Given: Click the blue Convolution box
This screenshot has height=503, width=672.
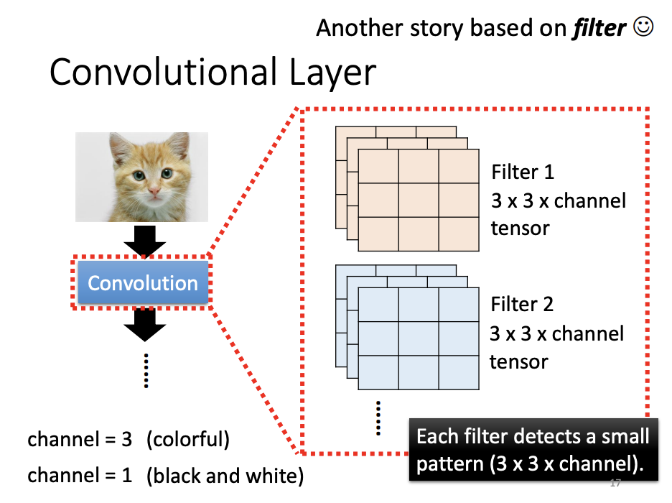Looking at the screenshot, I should pyautogui.click(x=142, y=283).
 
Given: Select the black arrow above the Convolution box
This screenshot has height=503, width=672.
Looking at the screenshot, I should pyautogui.click(x=144, y=240).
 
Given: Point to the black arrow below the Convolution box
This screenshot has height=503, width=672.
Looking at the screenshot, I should pyautogui.click(x=144, y=326).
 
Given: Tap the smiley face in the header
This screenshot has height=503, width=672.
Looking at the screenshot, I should pyautogui.click(x=644, y=27).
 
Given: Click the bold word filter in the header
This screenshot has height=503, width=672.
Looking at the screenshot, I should pyautogui.click(x=599, y=28).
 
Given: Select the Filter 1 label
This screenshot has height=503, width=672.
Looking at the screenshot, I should pyautogui.click(x=523, y=172).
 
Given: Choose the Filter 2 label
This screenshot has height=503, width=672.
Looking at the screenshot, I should pyautogui.click(x=522, y=305).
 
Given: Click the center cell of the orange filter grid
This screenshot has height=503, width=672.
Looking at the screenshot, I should pyautogui.click(x=418, y=200).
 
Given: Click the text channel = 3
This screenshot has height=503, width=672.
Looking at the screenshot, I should pyautogui.click(x=80, y=440).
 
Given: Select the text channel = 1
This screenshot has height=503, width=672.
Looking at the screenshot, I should pyautogui.click(x=80, y=476).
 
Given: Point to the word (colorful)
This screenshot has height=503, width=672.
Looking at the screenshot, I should pyautogui.click(x=187, y=440).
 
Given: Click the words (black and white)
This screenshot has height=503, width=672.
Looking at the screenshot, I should pyautogui.click(x=225, y=476).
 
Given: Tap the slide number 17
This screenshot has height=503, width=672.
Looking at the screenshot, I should pyautogui.click(x=615, y=483).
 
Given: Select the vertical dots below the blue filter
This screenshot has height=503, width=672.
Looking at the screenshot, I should pyautogui.click(x=378, y=417).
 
